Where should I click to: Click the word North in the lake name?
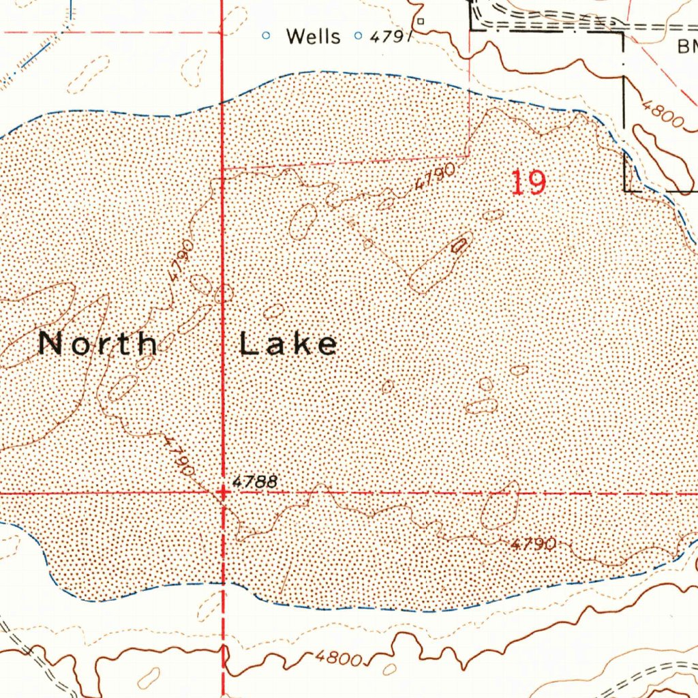pyautogui.click(x=98, y=343)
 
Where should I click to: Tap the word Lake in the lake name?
pyautogui.click(x=288, y=344)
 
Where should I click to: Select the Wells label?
pyautogui.click(x=313, y=36)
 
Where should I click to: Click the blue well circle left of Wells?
pyautogui.click(x=267, y=35)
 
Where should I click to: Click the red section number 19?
pyautogui.click(x=528, y=183)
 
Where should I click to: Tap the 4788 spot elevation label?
pyautogui.click(x=255, y=482)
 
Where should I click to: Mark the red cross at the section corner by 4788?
pyautogui.click(x=223, y=491)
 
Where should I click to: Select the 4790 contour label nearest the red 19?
pyautogui.click(x=434, y=180)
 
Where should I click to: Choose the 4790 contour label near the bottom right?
pyautogui.click(x=533, y=544)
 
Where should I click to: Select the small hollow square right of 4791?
pyautogui.click(x=421, y=21)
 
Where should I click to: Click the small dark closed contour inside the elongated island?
pyautogui.click(x=460, y=245)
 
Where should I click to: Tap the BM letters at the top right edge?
pyautogui.click(x=686, y=46)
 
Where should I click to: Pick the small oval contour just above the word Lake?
pyautogui.click(x=274, y=312)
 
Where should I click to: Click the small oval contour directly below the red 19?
pyautogui.click(x=493, y=215)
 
